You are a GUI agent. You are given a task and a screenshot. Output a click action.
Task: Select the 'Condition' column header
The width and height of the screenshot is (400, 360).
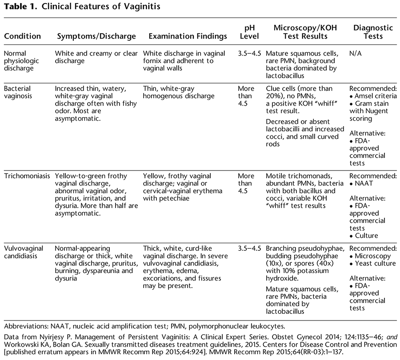tap(22, 36)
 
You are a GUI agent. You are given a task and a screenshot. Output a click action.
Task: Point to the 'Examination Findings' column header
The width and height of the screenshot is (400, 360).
tap(187, 36)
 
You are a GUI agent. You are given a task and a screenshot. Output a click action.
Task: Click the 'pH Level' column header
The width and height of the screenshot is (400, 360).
tap(249, 32)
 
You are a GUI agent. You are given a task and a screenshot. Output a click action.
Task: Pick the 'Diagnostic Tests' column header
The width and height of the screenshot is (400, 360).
tap(373, 32)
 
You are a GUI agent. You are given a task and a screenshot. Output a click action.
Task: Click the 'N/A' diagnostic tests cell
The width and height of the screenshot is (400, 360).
tap(356, 53)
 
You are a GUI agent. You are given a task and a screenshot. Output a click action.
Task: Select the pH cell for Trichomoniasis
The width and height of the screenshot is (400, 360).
tap(246, 179)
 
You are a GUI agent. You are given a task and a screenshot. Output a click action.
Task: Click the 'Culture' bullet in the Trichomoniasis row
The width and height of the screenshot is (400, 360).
tap(368, 236)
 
